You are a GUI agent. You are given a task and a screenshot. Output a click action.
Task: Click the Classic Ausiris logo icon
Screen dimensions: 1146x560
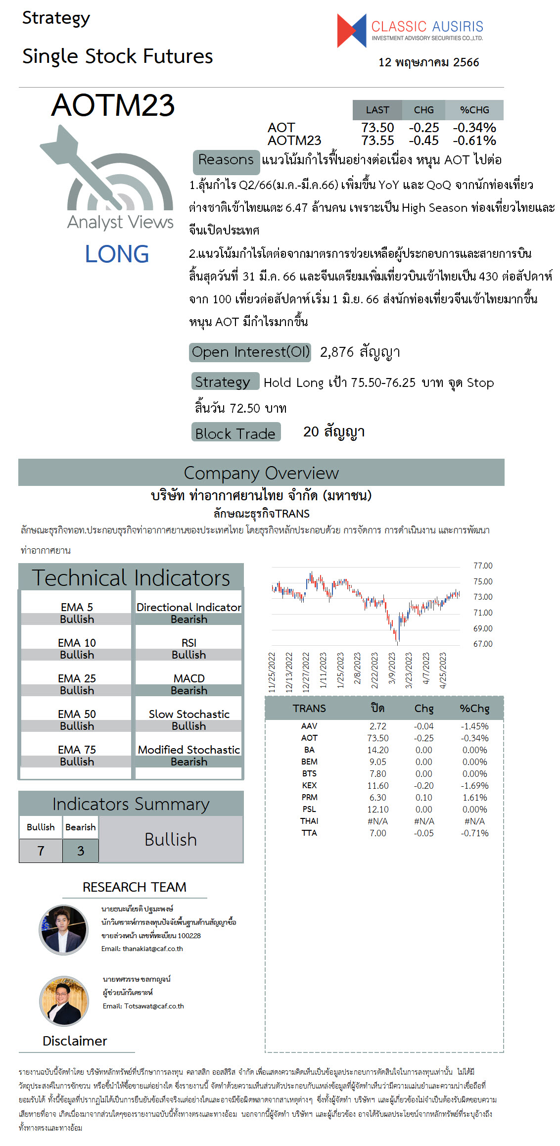352,31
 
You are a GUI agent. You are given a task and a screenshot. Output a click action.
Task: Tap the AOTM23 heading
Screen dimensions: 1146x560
113,105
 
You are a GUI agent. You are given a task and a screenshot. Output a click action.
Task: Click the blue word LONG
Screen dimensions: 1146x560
117,254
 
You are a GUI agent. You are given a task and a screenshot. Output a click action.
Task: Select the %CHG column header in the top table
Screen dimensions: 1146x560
474,110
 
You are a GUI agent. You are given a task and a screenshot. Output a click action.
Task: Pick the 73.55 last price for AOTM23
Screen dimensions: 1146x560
377,141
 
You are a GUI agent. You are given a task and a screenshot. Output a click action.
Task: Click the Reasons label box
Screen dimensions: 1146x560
226,160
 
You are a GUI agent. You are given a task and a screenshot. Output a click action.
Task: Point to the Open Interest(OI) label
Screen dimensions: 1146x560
250,352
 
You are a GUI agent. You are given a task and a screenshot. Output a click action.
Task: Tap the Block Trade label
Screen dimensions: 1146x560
235,433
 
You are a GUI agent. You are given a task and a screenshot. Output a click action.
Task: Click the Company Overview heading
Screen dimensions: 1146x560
261,473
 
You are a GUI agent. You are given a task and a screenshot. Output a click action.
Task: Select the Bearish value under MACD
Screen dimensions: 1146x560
189,690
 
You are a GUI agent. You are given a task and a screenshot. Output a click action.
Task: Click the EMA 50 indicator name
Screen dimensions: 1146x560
77,714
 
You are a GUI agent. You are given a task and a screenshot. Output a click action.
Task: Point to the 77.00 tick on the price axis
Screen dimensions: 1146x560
483,566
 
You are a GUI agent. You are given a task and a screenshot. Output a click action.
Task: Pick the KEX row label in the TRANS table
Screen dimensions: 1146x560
309,785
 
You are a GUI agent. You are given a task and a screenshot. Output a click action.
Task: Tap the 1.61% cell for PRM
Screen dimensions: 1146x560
474,797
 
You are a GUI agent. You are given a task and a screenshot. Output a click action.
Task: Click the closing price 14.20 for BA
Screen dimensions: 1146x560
377,750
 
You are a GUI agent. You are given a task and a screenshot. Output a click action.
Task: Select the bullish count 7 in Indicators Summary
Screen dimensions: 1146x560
41,851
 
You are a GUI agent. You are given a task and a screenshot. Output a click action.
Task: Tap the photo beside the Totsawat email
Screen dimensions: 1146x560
64,1001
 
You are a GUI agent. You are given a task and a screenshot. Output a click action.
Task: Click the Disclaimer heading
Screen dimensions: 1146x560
75,1041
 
